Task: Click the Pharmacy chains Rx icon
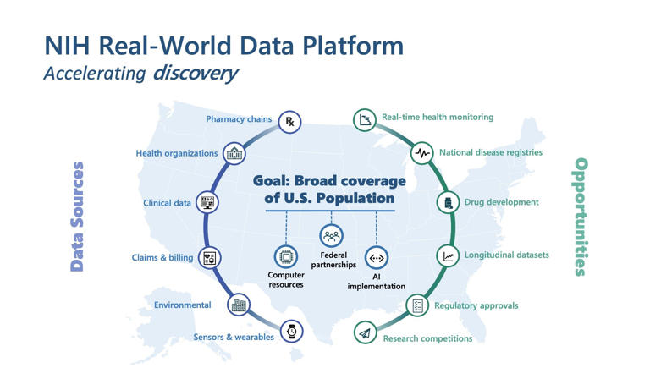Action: coord(289,122)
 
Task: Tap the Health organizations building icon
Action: coord(234,154)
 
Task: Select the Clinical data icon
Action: coord(207,202)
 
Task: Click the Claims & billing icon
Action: coord(209,258)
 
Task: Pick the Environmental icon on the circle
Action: coord(240,305)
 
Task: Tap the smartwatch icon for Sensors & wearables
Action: coord(291,332)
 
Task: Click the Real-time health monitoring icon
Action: coord(365,119)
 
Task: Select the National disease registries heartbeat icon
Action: coord(422,153)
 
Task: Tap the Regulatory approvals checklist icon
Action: coord(417,306)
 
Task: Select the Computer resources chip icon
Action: coord(285,256)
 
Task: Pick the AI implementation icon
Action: coord(377,258)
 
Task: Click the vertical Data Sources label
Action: coord(77,217)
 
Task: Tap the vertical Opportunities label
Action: coord(581,217)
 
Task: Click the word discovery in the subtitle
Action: coord(195,73)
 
